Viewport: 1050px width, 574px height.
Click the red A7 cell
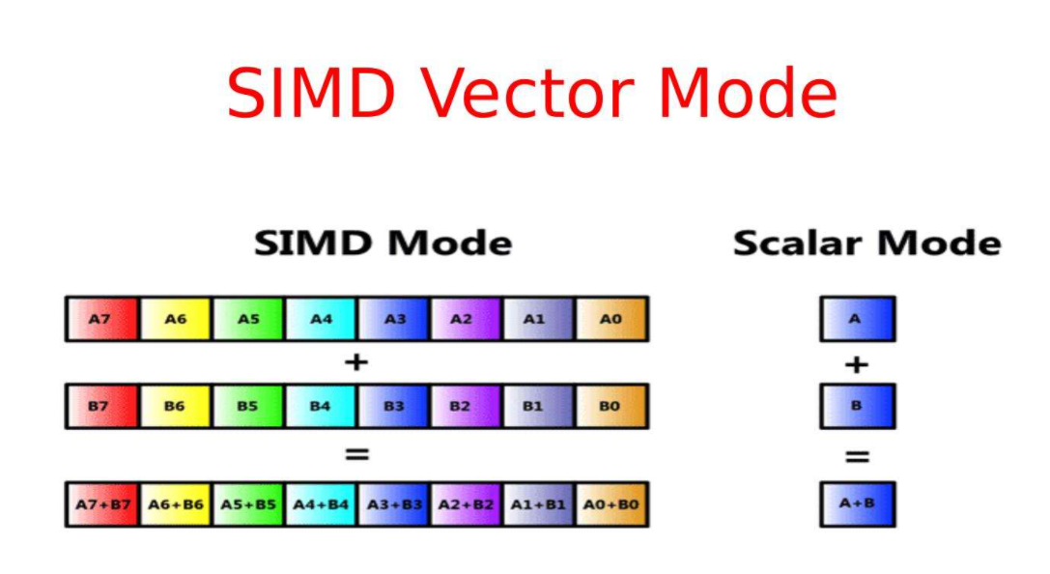click(102, 318)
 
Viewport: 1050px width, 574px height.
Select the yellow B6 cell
click(175, 406)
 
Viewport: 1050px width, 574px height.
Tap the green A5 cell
click(248, 318)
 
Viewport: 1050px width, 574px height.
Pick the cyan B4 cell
click(321, 406)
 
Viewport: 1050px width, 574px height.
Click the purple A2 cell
click(467, 318)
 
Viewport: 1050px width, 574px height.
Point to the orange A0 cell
click(611, 318)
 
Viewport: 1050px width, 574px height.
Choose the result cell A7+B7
click(102, 503)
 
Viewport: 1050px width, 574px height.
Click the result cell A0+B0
click(611, 503)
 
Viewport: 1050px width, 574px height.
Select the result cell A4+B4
click(321, 503)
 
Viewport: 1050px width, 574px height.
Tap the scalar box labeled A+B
click(857, 503)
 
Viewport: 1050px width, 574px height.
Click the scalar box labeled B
click(857, 406)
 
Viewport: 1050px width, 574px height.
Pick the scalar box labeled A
click(857, 318)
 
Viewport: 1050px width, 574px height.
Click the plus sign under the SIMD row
click(356, 362)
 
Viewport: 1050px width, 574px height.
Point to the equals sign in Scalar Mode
click(857, 455)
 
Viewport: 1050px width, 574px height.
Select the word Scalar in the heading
click(796, 243)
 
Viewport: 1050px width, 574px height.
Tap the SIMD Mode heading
click(383, 243)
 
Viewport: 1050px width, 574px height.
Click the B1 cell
click(539, 406)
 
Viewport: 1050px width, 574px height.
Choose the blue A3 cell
click(394, 318)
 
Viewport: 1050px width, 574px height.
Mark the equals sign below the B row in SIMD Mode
click(356, 453)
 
